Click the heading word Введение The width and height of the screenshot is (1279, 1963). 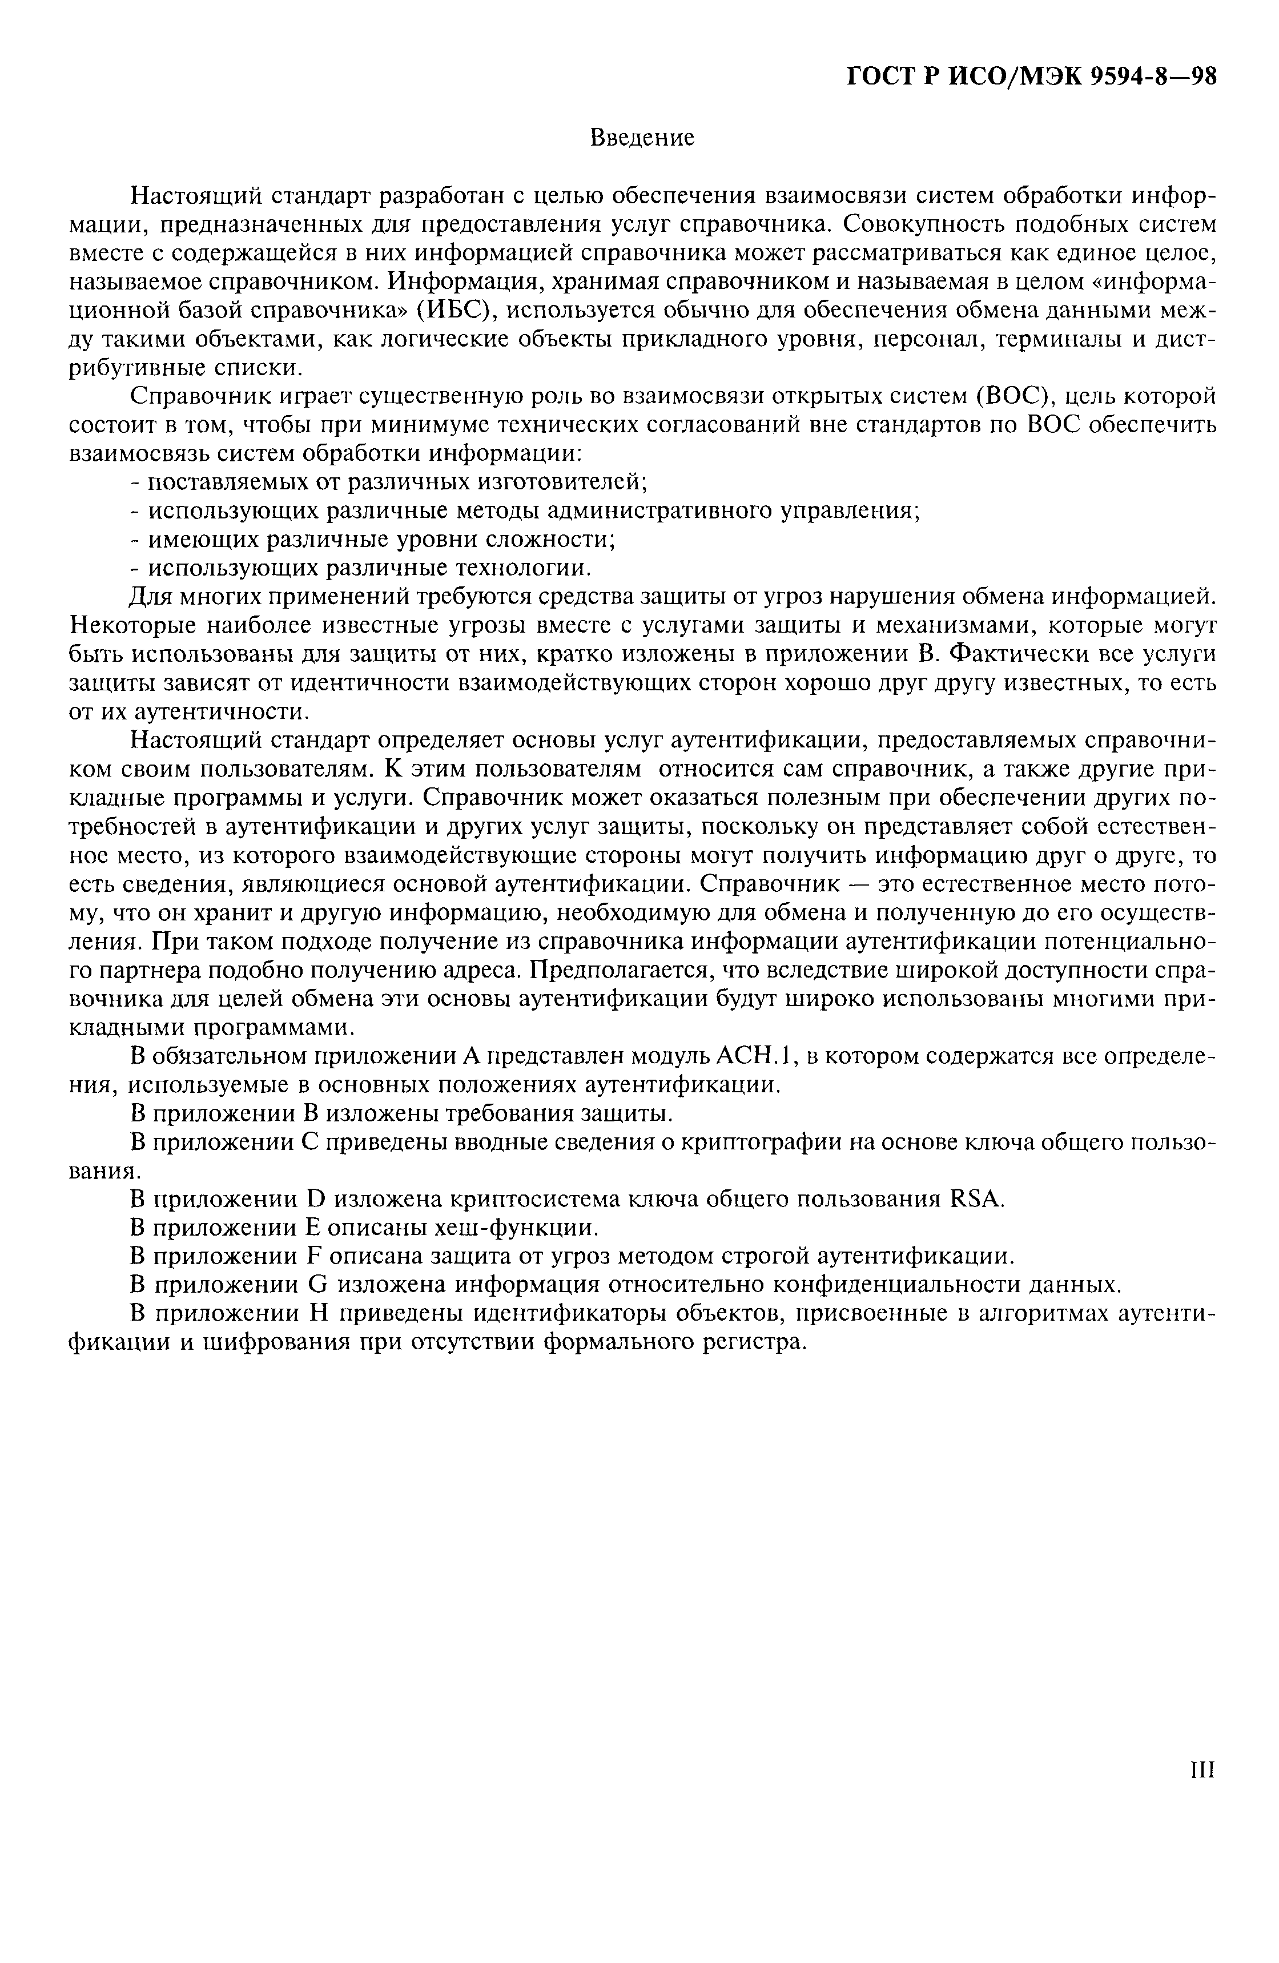click(x=642, y=138)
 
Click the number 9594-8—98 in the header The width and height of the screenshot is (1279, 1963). click(x=1153, y=77)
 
